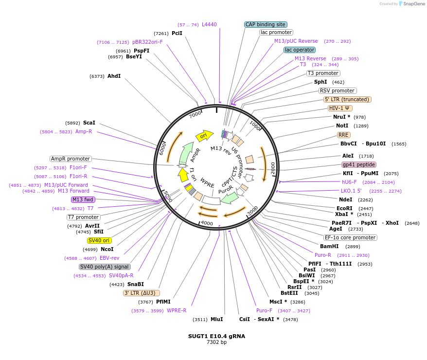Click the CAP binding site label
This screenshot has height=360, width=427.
coord(266,24)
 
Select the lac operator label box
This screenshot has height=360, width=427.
coord(300,50)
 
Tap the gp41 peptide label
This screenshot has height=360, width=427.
coord(359,164)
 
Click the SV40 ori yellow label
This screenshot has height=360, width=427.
coord(99,240)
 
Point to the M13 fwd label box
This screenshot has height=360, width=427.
coord(83,199)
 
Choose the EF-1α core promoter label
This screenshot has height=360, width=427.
coord(350,237)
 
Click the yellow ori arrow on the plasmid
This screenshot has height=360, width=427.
coord(204,135)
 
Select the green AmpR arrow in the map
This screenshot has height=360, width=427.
coord(186,154)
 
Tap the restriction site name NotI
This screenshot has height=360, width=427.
coord(342,126)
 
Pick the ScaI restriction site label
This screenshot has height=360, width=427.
coord(89,123)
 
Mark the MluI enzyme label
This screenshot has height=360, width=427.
coord(216,319)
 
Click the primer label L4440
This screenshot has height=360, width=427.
coord(209,24)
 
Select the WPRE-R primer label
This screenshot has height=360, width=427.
coord(177,310)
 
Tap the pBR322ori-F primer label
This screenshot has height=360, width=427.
coord(147,42)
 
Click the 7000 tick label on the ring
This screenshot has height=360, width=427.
coord(195,115)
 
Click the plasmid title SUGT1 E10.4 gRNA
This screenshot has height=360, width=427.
coord(216,336)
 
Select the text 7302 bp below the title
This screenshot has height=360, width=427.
coord(216,342)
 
